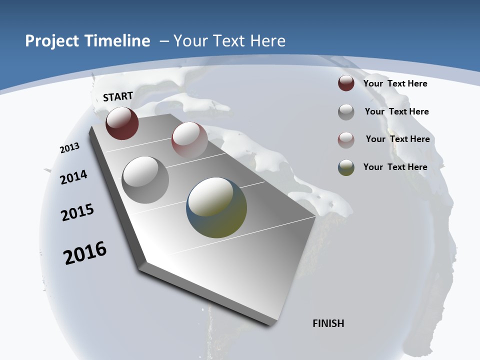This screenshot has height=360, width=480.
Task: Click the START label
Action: coord(118,96)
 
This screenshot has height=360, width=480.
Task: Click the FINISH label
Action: coord(328,323)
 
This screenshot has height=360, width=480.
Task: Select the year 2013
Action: coord(69,148)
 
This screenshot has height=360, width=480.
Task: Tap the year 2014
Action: coord(73,177)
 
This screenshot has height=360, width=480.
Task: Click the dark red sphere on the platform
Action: coord(122,123)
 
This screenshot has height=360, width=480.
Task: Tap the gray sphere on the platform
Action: coord(145,179)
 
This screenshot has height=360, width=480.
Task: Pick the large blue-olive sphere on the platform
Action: coord(216,207)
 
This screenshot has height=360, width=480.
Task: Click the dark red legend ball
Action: coord(346,83)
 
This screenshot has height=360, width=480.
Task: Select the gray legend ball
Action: coord(346,112)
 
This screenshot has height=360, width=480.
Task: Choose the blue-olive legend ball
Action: coord(346,167)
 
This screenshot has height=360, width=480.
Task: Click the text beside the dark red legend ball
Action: coord(395,83)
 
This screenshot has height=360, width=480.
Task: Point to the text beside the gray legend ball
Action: coord(396,111)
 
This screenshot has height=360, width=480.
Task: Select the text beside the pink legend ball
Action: coord(397,139)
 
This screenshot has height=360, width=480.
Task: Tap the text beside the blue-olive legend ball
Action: coord(395,167)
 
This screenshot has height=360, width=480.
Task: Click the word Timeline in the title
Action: coord(117,41)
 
